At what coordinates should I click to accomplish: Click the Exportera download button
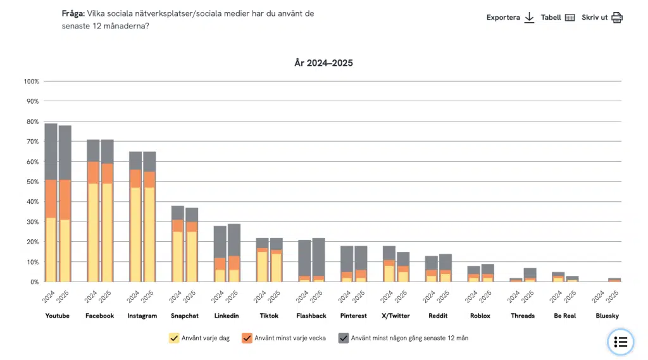[x=511, y=17]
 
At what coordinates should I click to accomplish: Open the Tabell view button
[x=558, y=17]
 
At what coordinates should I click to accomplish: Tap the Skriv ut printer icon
[x=616, y=17]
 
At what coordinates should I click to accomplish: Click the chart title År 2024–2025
[x=323, y=63]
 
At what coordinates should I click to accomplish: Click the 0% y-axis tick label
[x=34, y=282]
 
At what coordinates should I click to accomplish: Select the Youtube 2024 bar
[x=51, y=202]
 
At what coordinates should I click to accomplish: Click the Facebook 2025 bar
[x=108, y=211]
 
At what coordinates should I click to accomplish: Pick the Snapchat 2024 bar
[x=178, y=244]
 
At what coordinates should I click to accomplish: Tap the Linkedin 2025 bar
[x=234, y=253]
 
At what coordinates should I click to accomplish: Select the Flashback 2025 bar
[x=319, y=260]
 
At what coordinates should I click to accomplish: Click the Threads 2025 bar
[x=530, y=275]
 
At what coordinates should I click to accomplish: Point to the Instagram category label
[x=142, y=316]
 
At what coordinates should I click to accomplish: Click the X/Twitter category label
[x=396, y=316]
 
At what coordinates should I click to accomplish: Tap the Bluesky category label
[x=607, y=316]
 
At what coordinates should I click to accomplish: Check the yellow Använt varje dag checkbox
[x=174, y=338]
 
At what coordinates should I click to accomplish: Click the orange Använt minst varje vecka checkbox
[x=247, y=338]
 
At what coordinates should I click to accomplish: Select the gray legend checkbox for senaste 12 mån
[x=344, y=338]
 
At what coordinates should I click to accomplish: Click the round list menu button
[x=620, y=342]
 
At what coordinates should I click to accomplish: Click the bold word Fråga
[x=73, y=14]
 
